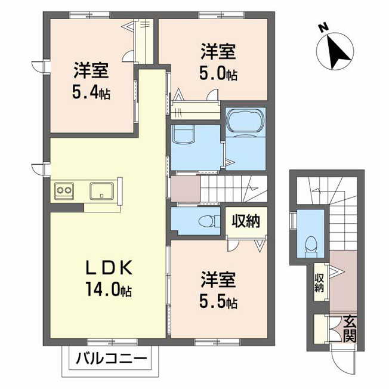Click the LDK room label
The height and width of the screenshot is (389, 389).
click(109, 268)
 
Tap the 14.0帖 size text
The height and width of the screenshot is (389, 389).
click(109, 289)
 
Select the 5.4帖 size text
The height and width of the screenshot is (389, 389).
click(91, 92)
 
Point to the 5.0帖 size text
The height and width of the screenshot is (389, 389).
click(218, 73)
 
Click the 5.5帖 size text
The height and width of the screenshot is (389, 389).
click(218, 301)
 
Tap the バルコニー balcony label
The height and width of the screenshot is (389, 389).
click(112, 359)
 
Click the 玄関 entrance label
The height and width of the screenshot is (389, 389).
click(350, 329)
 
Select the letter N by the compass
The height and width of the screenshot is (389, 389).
click(323, 28)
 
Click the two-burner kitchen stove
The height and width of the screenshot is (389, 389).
click(64, 190)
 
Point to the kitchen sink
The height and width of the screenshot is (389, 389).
click(101, 191)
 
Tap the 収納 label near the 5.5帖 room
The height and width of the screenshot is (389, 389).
click(246, 221)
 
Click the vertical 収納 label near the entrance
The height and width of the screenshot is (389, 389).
click(319, 283)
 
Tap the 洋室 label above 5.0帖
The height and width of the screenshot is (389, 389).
click(218, 51)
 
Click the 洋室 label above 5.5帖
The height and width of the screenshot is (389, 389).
click(218, 280)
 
